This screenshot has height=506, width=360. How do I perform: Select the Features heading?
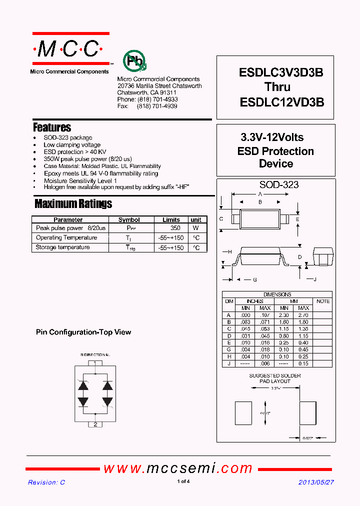(52, 127)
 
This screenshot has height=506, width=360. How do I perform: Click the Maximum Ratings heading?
(73, 203)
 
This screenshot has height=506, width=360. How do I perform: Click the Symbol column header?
(129, 219)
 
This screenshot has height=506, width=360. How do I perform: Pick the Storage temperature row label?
(63, 247)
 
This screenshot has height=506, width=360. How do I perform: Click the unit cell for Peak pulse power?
(196, 228)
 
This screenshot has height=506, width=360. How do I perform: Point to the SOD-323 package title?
(278, 184)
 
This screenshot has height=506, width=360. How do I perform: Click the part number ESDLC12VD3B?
(282, 102)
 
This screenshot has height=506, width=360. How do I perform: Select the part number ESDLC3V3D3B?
(281, 72)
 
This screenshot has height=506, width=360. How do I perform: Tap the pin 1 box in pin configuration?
(95, 363)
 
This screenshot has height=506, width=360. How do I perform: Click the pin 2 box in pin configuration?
(95, 424)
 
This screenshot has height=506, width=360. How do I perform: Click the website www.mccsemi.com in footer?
(178, 468)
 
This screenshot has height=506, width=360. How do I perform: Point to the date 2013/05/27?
(316, 482)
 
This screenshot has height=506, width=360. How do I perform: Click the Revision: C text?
(46, 482)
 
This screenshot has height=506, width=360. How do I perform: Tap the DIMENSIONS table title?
(277, 294)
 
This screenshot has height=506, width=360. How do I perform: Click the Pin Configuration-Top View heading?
(83, 332)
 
